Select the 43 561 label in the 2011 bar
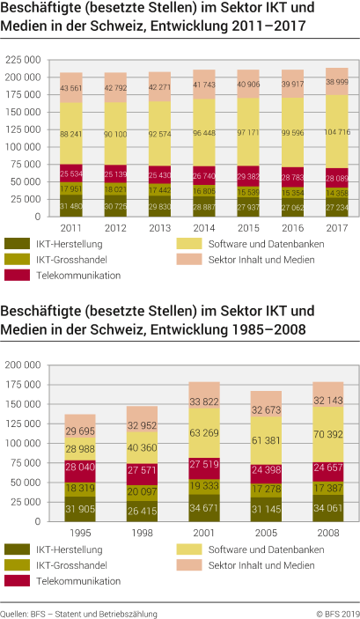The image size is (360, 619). click(x=71, y=88)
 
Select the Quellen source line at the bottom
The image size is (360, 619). click(x=78, y=611)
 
